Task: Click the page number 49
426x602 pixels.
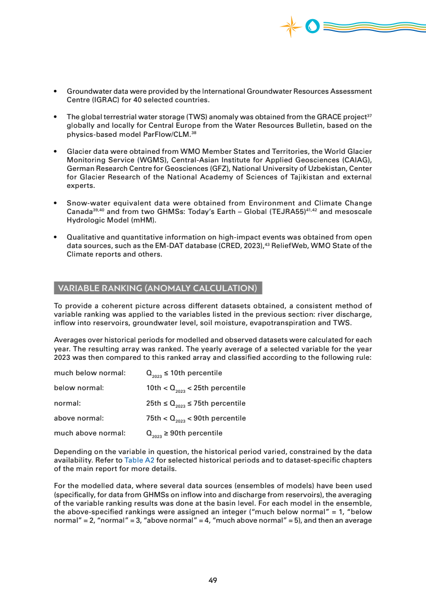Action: [212, 580]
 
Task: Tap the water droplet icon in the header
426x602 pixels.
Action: [313, 26]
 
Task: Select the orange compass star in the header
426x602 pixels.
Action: [291, 26]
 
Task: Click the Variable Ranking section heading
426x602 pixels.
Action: [158, 288]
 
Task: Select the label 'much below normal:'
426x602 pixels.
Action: [90, 373]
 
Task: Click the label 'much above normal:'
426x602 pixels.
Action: [90, 433]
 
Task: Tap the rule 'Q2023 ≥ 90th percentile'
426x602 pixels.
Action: [184, 433]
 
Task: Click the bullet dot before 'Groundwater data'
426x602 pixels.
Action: [56, 92]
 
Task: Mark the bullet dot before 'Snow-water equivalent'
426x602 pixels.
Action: [56, 203]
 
